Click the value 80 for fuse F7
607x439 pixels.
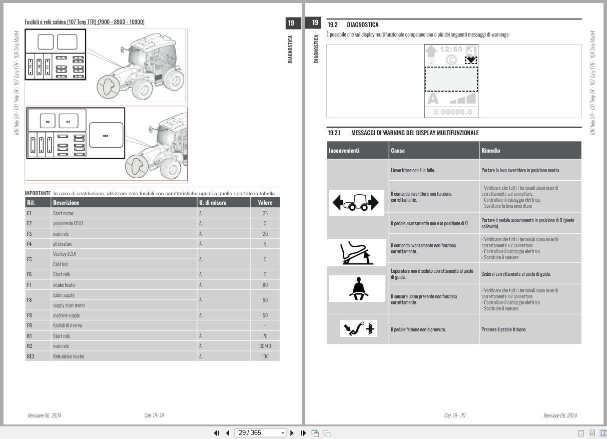[x=265, y=285]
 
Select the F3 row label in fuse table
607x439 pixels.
[x=29, y=234]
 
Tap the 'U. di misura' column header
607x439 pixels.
[x=213, y=203]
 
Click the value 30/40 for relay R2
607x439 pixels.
[x=265, y=346]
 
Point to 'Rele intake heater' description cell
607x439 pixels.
[x=69, y=356]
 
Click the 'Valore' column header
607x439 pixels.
[x=265, y=203]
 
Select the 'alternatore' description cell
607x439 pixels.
[x=63, y=244]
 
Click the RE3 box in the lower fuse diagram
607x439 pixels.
[x=106, y=136]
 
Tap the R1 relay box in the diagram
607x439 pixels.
[x=69, y=121]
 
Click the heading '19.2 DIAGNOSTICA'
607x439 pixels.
[x=353, y=25]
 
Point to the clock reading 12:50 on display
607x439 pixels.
[x=451, y=49]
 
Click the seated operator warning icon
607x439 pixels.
[x=356, y=289]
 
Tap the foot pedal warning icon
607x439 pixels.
[x=357, y=252]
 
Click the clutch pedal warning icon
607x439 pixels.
[x=358, y=329]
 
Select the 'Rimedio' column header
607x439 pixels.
[x=490, y=150]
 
